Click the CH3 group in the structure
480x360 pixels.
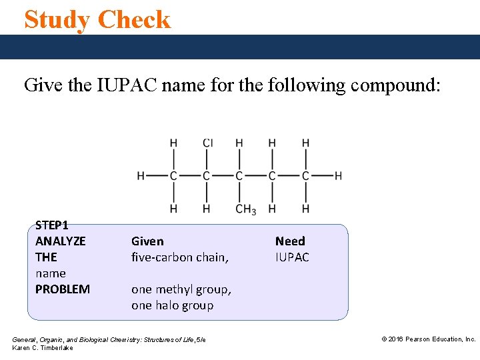[245, 209]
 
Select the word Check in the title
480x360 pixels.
[135, 19]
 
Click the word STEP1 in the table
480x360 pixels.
[51, 225]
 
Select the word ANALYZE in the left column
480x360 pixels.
[60, 241]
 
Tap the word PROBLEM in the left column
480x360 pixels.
[62, 289]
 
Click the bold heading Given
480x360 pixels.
[147, 241]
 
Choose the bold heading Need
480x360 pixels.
[290, 241]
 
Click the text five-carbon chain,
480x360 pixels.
[180, 257]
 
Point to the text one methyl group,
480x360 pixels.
[181, 289]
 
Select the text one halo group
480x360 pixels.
[173, 305]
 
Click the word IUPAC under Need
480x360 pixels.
[292, 257]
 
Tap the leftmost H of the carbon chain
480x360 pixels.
[141, 176]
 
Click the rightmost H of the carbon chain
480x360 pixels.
[338, 176]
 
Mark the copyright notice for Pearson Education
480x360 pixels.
[428, 339]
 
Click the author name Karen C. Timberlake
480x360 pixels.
[43, 348]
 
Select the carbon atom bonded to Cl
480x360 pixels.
[207, 176]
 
